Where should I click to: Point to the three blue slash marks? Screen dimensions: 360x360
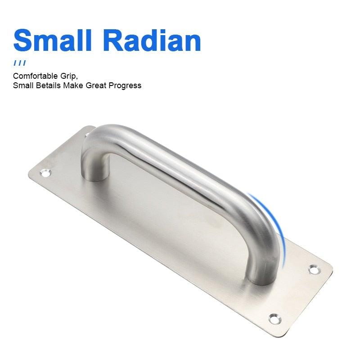coord(19,63)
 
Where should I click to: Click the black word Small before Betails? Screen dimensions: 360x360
coord(22,85)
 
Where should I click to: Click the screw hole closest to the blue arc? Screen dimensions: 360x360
coord(313,270)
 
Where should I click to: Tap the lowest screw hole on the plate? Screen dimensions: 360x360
coord(274,318)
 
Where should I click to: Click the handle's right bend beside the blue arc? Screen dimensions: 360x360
coord(261,220)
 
